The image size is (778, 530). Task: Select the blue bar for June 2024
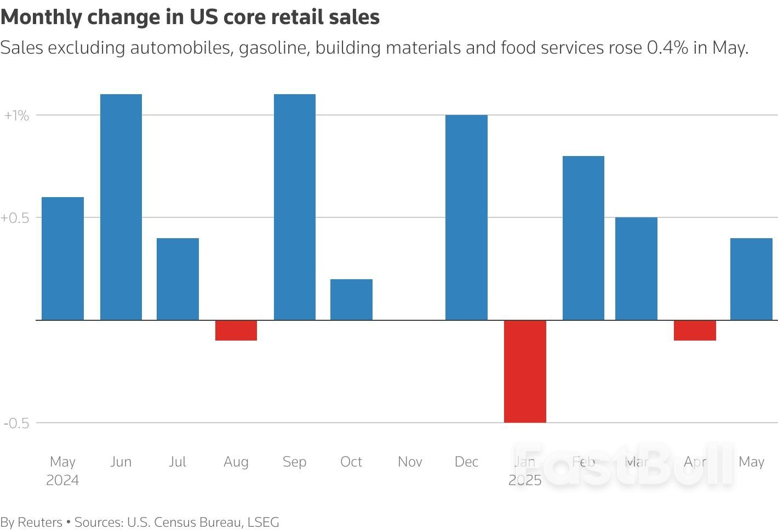tap(121, 207)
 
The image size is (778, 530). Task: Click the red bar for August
tap(236, 330)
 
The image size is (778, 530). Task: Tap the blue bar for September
tap(294, 207)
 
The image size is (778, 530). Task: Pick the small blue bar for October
tap(351, 299)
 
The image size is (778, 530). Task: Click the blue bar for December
tap(466, 217)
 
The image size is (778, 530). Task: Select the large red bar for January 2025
tap(525, 371)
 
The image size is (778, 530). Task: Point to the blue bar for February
tap(583, 238)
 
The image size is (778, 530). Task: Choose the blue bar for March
tap(636, 268)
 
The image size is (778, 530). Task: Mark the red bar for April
tap(695, 330)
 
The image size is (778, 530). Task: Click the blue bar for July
tap(178, 279)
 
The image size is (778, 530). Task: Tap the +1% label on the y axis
tap(16, 116)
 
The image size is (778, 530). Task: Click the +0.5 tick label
tap(15, 218)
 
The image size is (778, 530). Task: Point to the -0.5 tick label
tap(16, 423)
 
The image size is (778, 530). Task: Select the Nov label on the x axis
tap(410, 462)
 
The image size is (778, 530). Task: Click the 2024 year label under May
tap(62, 480)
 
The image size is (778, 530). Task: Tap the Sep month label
tap(294, 462)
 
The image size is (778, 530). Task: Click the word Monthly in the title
tap(41, 18)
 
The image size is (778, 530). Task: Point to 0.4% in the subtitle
tap(667, 48)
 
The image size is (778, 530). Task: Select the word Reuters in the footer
tap(40, 522)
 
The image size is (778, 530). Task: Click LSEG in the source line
tap(263, 522)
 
